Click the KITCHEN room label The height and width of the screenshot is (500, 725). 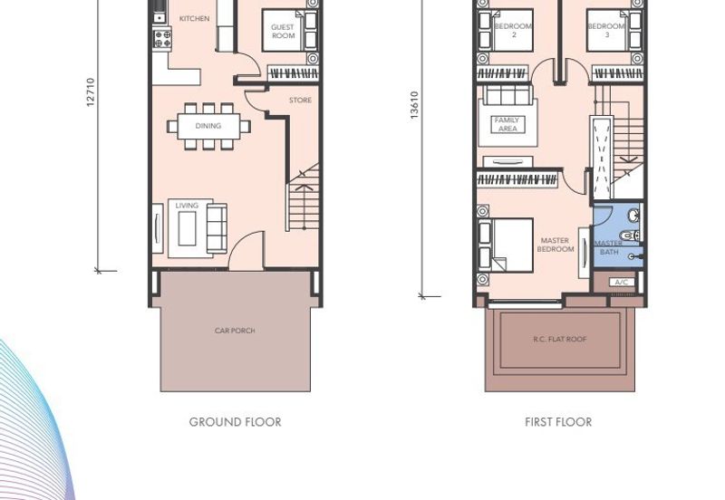click(x=194, y=18)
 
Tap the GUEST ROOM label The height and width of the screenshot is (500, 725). click(x=283, y=32)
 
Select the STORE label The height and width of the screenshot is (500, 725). click(x=300, y=100)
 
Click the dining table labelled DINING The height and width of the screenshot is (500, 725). click(x=208, y=126)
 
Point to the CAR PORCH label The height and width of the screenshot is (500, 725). click(x=235, y=331)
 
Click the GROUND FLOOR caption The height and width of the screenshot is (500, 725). click(x=235, y=422)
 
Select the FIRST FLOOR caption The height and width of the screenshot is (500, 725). click(x=558, y=422)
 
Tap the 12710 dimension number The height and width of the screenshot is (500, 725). click(x=91, y=92)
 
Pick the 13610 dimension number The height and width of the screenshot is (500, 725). click(x=414, y=105)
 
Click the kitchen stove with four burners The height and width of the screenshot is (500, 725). click(x=162, y=38)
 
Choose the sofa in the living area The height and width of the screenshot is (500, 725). click(x=217, y=228)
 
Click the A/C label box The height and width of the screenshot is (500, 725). click(x=622, y=282)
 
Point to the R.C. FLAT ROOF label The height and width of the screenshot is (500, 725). click(x=559, y=339)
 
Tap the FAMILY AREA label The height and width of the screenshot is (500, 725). click(x=507, y=124)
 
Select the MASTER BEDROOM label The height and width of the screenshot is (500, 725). click(x=555, y=245)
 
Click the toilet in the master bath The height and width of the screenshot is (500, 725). click(x=630, y=236)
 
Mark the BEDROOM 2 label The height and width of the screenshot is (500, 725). click(x=513, y=30)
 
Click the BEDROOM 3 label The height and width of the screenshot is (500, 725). click(x=606, y=30)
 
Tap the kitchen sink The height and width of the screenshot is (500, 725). click(x=159, y=17)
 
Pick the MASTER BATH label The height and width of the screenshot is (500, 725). click(x=608, y=247)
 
